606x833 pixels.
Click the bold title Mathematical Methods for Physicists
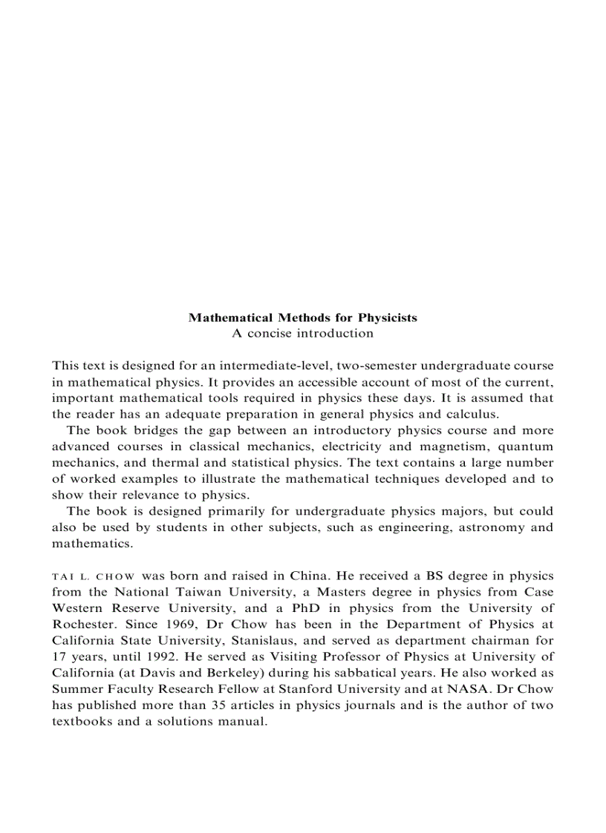coord(302,317)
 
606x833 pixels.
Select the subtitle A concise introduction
coord(302,333)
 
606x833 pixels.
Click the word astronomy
coord(494,527)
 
